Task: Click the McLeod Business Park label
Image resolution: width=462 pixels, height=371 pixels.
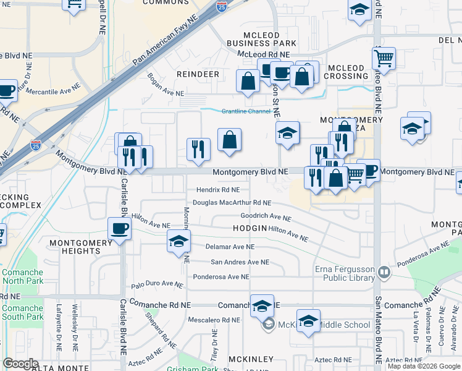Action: tap(261, 39)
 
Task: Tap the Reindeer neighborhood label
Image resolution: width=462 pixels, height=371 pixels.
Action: tap(198, 74)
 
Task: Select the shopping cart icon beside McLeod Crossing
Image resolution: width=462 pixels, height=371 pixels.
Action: tap(384, 60)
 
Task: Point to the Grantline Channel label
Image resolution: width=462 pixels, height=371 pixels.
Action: tap(246, 111)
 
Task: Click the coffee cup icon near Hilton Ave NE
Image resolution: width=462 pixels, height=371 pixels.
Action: tap(119, 229)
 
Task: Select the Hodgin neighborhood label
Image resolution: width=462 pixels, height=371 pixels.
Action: tap(250, 228)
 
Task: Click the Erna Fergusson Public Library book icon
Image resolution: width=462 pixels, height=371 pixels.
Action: tap(384, 272)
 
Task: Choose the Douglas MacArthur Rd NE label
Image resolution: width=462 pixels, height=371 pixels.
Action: tap(232, 202)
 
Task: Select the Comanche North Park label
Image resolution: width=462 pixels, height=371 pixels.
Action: tap(22, 276)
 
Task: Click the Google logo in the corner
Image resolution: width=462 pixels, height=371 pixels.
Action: tap(20, 363)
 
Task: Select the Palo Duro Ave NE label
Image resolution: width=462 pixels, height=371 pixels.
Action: tap(157, 284)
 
